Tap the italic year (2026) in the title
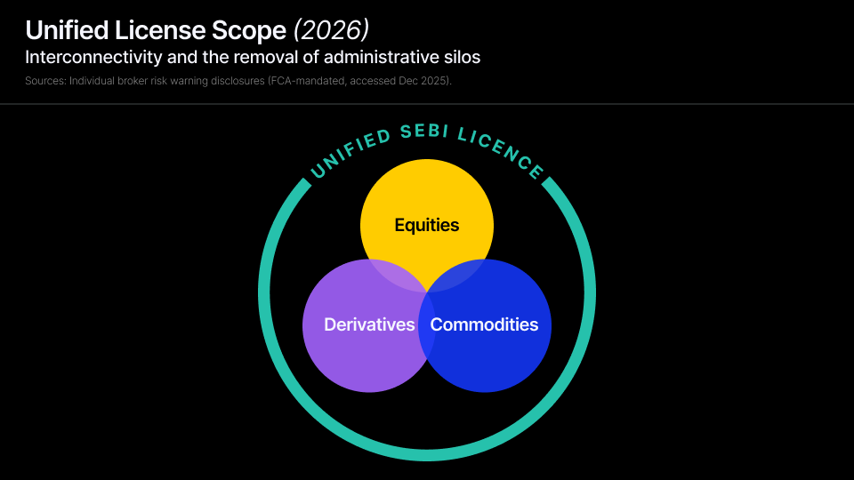pyautogui.click(x=331, y=30)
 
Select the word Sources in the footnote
pyautogui.click(x=45, y=81)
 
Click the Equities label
pyautogui.click(x=427, y=225)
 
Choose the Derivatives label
pyautogui.click(x=369, y=324)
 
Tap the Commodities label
pyautogui.click(x=484, y=324)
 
